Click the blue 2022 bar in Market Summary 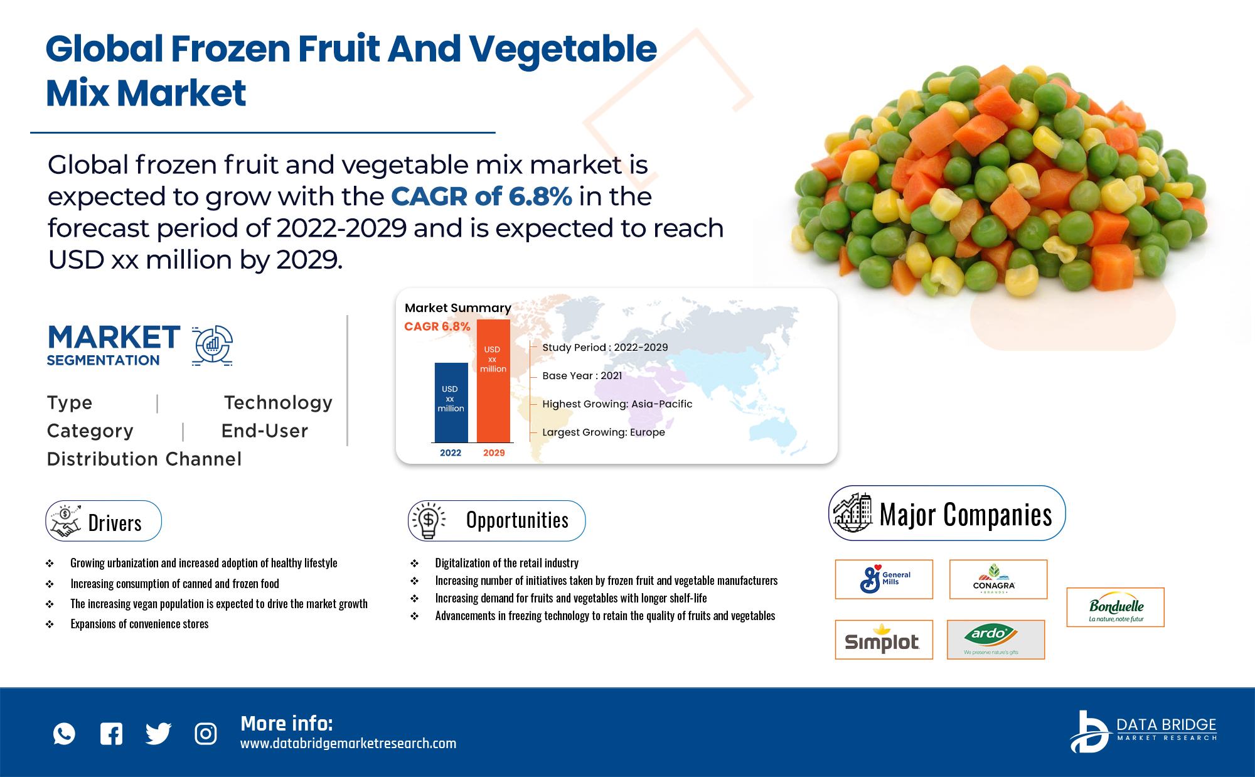tap(451, 402)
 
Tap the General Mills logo tap(884, 579)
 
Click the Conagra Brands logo tap(998, 579)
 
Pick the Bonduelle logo tap(1115, 608)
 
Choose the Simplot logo tap(884, 640)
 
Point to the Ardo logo tap(995, 640)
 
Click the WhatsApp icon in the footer tap(64, 734)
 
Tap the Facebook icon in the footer tap(112, 734)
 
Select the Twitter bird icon tap(158, 734)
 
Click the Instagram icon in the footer tap(206, 734)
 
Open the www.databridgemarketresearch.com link tap(348, 744)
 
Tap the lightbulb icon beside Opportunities tap(429, 520)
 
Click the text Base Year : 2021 tap(582, 376)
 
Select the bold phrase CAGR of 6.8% tap(481, 196)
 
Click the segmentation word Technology tap(278, 402)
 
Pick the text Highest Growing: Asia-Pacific tap(617, 404)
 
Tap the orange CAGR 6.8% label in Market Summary tap(437, 326)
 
